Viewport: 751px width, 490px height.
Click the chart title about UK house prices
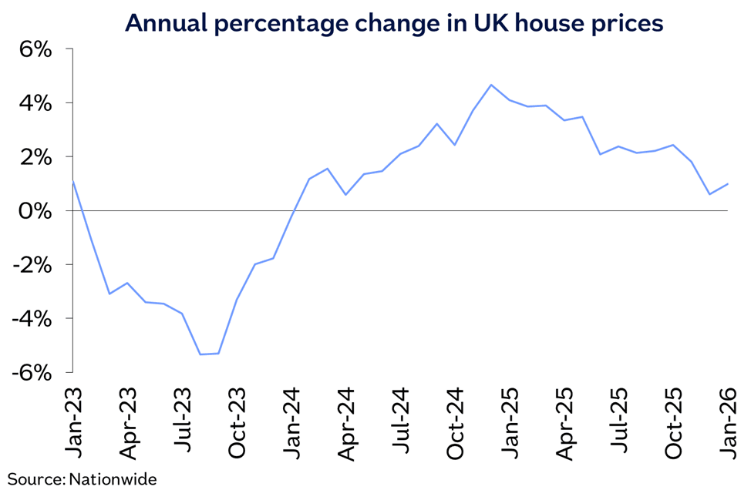pos(393,23)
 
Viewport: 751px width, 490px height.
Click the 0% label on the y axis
pos(35,211)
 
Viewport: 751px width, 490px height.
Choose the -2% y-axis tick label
pos(32,265)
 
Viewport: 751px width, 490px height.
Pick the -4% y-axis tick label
pos(32,319)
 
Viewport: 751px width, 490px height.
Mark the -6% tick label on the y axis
pos(32,373)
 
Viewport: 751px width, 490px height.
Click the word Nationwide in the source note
pos(113,479)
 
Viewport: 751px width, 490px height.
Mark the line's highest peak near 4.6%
pos(491,85)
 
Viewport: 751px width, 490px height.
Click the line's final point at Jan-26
pos(728,184)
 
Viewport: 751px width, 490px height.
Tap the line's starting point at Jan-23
pos(73,181)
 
